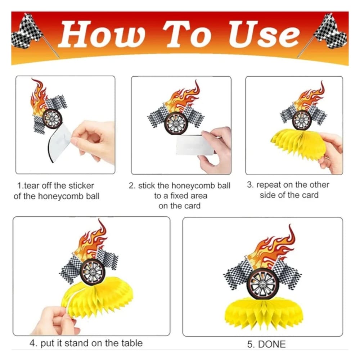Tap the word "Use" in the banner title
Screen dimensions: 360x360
point(264,34)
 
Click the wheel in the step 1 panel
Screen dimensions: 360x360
point(52,119)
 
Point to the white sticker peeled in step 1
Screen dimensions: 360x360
point(60,142)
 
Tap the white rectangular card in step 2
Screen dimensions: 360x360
point(195,145)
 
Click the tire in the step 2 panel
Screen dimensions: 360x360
point(176,123)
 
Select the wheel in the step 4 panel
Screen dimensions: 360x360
point(93,272)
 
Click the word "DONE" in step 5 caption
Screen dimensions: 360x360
point(272,344)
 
